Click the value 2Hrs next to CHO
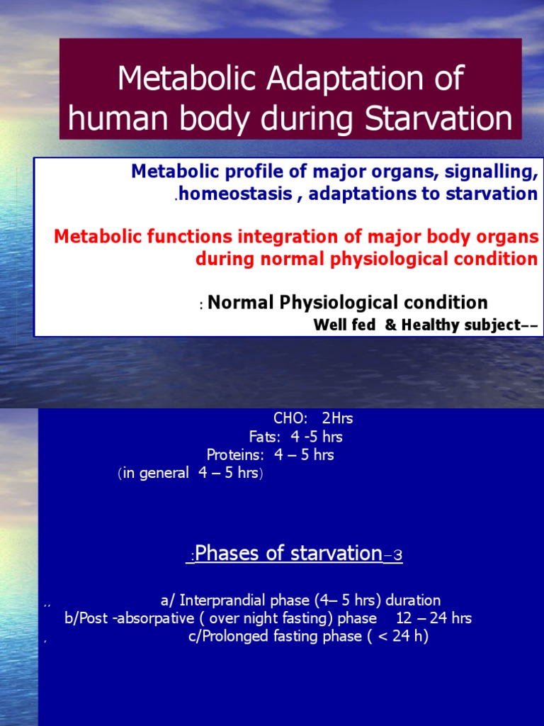point(336,418)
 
